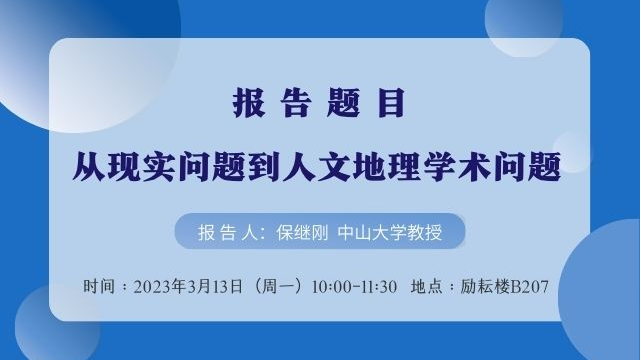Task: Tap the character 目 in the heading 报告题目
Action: (x=391, y=102)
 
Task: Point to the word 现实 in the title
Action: (x=142, y=166)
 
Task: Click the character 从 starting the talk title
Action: (x=89, y=166)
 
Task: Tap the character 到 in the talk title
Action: (x=264, y=166)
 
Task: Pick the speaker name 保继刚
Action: (x=302, y=233)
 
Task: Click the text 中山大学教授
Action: (x=390, y=233)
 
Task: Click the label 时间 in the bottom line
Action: (x=99, y=286)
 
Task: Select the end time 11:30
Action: (x=378, y=287)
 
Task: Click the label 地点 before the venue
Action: (x=427, y=286)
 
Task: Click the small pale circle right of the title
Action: (x=572, y=152)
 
